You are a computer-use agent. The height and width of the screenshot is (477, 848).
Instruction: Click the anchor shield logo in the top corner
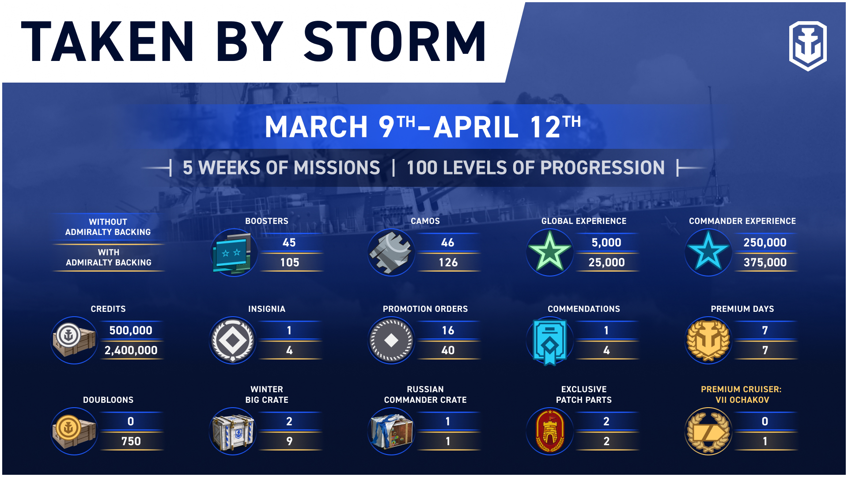[808, 45]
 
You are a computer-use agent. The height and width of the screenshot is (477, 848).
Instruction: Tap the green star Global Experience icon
[549, 252]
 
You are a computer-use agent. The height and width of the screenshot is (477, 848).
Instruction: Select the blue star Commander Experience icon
[708, 252]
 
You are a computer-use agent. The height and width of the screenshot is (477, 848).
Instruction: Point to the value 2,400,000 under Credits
[131, 350]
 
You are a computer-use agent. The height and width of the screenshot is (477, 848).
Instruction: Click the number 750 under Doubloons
[131, 441]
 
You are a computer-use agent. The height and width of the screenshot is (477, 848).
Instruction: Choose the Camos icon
[391, 252]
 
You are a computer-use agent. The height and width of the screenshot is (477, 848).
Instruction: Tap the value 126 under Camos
[448, 262]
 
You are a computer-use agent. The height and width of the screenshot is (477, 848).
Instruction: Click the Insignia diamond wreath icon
[233, 341]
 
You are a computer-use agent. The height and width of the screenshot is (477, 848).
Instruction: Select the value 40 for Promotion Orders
[448, 350]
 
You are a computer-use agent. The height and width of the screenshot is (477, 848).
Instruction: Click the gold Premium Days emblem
[708, 341]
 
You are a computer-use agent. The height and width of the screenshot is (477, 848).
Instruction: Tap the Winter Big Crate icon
[233, 432]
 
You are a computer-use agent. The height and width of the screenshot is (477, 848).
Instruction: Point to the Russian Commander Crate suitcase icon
[391, 432]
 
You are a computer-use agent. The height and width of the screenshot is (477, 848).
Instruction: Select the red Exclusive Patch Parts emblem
[549, 432]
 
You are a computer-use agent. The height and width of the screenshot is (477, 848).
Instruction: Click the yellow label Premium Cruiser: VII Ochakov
[742, 394]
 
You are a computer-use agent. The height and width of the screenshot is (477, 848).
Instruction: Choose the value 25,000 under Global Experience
[606, 262]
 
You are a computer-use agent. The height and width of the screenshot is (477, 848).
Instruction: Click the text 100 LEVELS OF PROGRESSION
[535, 168]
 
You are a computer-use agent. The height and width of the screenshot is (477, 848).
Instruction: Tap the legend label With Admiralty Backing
[109, 257]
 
